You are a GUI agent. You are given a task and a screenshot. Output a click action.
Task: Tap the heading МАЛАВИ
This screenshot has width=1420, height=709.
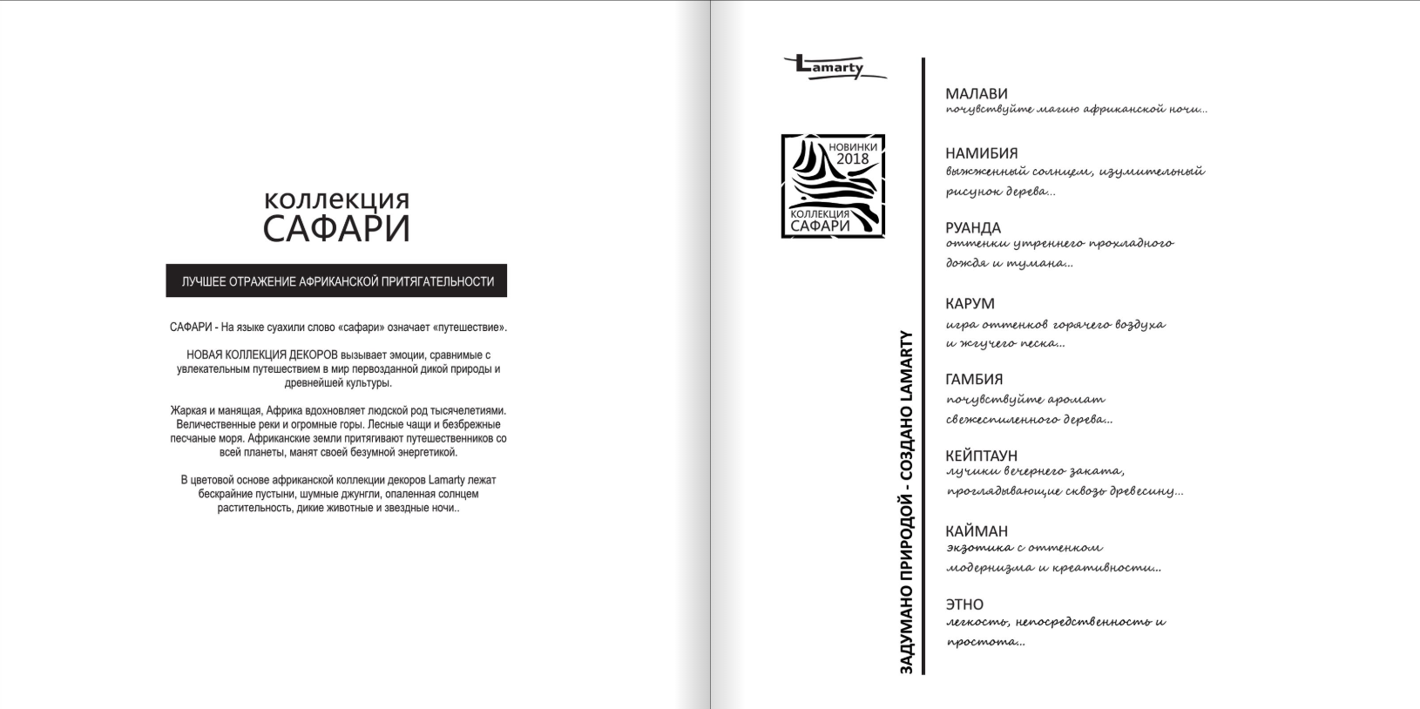977,93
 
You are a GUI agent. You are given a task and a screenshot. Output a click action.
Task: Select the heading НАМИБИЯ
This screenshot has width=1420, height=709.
981,153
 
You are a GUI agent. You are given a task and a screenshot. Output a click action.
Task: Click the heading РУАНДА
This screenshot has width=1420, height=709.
973,227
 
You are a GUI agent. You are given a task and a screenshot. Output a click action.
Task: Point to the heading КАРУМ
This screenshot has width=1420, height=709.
970,303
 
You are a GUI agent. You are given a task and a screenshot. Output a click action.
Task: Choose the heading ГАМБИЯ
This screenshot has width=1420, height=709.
974,379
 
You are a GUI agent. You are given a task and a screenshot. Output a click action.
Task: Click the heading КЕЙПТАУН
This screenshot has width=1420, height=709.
981,456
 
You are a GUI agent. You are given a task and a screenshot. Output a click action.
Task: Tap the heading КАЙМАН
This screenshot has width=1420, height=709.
977,530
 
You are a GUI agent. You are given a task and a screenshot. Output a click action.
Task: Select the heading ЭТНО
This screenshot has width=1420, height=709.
964,604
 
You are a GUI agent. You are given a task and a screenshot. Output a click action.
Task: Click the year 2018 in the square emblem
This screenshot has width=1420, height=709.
852,159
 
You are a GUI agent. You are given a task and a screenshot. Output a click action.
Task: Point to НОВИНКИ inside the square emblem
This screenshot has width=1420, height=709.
852,146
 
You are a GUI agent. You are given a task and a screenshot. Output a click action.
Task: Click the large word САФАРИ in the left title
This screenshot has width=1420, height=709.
336,228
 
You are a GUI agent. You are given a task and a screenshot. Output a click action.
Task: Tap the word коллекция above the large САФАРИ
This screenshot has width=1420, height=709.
336,199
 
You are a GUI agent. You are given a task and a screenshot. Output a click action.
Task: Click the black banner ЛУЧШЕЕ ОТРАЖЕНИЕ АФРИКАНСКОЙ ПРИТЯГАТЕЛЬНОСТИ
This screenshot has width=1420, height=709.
336,281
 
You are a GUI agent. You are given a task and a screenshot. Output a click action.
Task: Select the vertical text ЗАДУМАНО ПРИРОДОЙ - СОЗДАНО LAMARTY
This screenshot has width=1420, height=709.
906,501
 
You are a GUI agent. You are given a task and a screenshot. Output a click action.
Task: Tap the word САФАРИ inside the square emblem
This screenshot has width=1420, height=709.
819,226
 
